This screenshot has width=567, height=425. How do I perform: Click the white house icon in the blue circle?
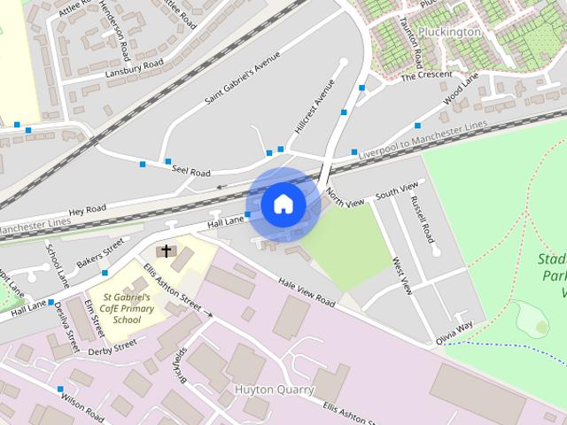click(282, 204)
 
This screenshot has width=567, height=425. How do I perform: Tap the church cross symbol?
click(168, 251)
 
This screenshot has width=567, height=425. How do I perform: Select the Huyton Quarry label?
click(274, 389)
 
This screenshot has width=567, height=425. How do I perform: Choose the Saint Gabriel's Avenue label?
click(242, 78)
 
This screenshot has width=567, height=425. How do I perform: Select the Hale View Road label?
click(306, 291)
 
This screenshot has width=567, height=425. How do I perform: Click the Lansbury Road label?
click(136, 66)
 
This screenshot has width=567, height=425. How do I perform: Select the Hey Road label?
click(88, 210)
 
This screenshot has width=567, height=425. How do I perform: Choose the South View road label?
click(395, 191)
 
